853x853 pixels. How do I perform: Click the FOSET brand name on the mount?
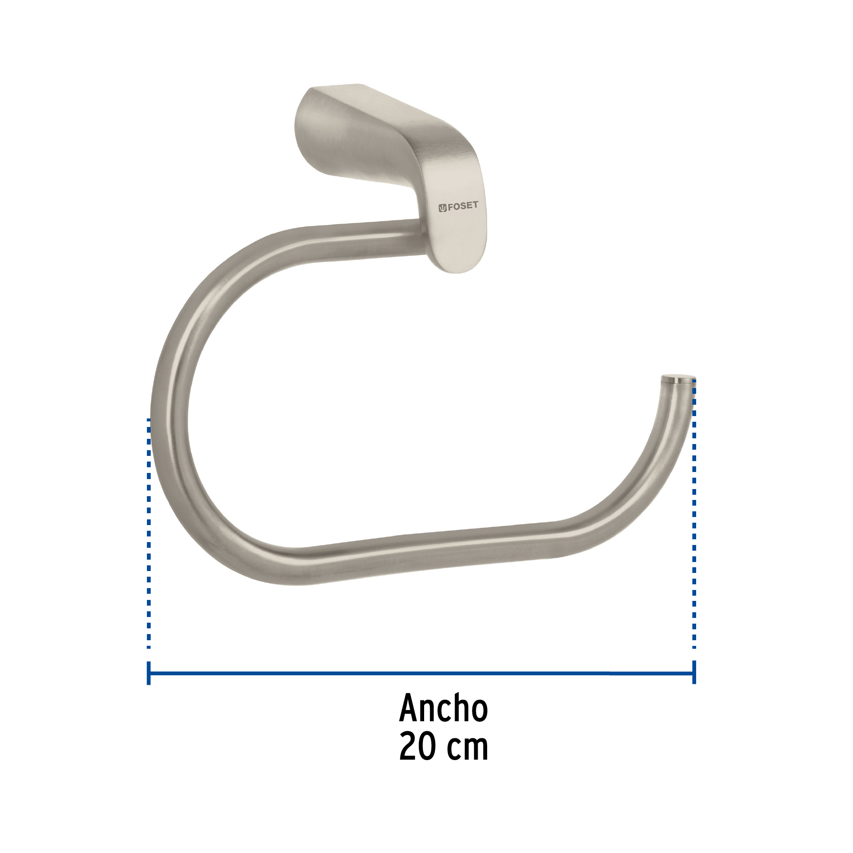463,206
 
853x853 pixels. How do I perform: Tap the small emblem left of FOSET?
442,207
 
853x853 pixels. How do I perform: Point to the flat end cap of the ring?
678,379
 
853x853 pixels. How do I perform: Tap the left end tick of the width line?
149,673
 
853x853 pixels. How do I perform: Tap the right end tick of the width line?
694,673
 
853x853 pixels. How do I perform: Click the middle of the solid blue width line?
422,673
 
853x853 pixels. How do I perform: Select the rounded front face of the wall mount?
457,223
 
